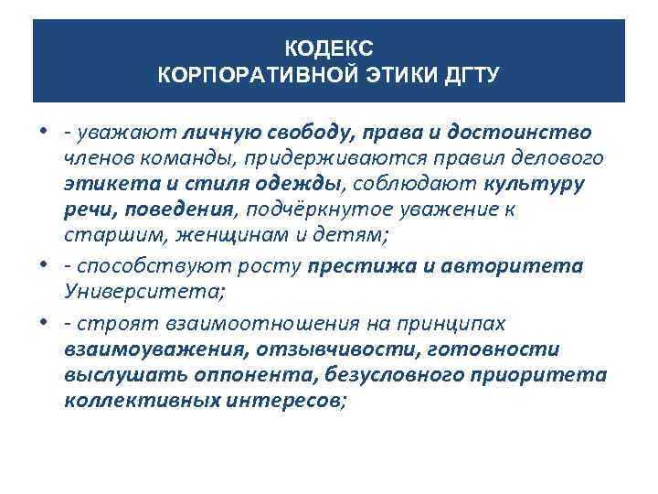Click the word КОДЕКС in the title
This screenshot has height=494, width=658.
click(x=329, y=46)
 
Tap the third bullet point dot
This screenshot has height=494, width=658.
click(x=44, y=322)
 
